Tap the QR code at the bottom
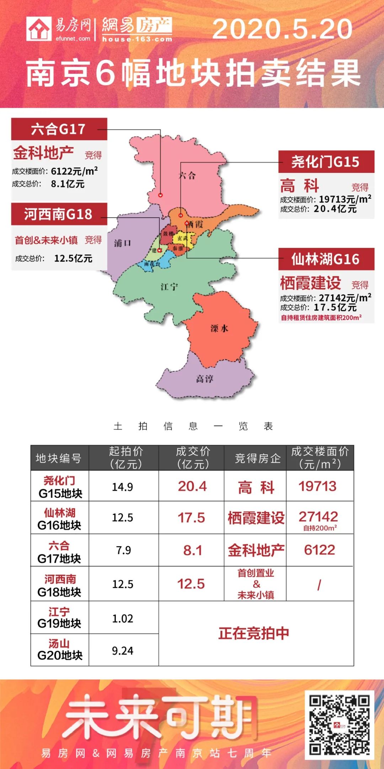tap(339, 725)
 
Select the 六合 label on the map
tap(187, 175)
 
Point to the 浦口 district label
tap(123, 243)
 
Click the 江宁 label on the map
tap(169, 287)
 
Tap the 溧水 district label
tap(219, 328)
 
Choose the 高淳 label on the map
tap(205, 379)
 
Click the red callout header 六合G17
tap(59, 129)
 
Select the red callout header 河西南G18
tap(59, 214)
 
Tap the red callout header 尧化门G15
tap(326, 162)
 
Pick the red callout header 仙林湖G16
tap(326, 259)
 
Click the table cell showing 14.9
tap(123, 487)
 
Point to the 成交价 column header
tap(193, 458)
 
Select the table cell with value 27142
tap(318, 516)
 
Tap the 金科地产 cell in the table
tap(256, 550)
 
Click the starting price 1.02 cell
tap(123, 619)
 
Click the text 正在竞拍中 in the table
tap(254, 633)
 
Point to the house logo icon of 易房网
tap(39, 29)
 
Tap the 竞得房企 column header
tap(258, 458)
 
